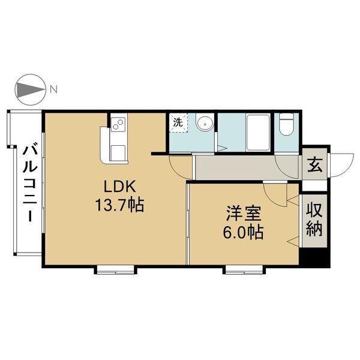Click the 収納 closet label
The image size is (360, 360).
click(314, 220)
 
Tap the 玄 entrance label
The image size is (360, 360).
click(314, 163)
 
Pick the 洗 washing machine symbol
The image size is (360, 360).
click(178, 122)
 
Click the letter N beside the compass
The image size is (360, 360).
click(53, 90)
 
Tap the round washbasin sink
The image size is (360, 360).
click(205, 124)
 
